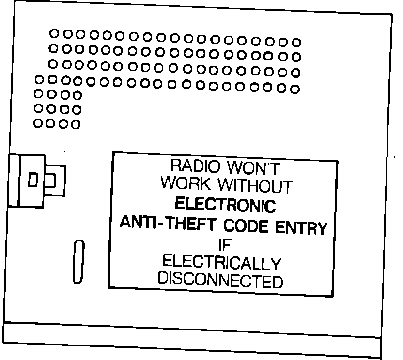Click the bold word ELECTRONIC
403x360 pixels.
click(225, 205)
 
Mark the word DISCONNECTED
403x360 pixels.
click(220, 280)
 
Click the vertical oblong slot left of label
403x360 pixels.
click(78, 261)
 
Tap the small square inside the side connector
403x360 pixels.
click(33, 180)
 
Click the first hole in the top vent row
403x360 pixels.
click(55, 33)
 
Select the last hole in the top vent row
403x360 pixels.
click(296, 43)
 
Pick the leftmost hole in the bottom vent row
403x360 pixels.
click(38, 123)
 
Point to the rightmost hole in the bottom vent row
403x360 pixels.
click(76, 124)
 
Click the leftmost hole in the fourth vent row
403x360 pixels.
click(39, 79)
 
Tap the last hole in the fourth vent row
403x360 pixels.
click(295, 89)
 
